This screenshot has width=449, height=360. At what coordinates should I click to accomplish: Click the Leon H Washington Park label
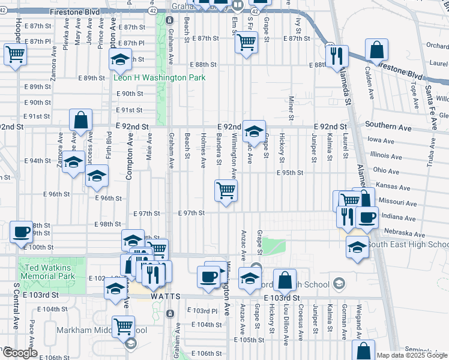pos(160,77)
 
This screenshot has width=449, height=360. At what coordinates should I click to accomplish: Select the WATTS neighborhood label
pos(149,296)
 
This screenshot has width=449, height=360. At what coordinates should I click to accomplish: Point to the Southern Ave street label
pos(388,127)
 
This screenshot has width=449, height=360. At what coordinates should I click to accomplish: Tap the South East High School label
pos(408,245)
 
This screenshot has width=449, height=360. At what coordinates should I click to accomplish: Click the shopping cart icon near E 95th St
pos(226,191)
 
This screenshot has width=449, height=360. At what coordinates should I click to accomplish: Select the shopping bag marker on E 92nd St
pos(80,120)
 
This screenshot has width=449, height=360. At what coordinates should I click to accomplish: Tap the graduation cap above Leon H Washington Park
pos(120,59)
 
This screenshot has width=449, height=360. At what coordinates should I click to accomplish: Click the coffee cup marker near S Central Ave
pos(22,231)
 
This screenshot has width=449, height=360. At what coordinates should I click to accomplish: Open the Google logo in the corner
pos(20,353)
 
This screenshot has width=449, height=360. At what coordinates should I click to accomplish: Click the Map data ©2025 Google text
pos(412,355)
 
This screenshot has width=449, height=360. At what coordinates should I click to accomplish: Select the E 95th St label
pos(290,172)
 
